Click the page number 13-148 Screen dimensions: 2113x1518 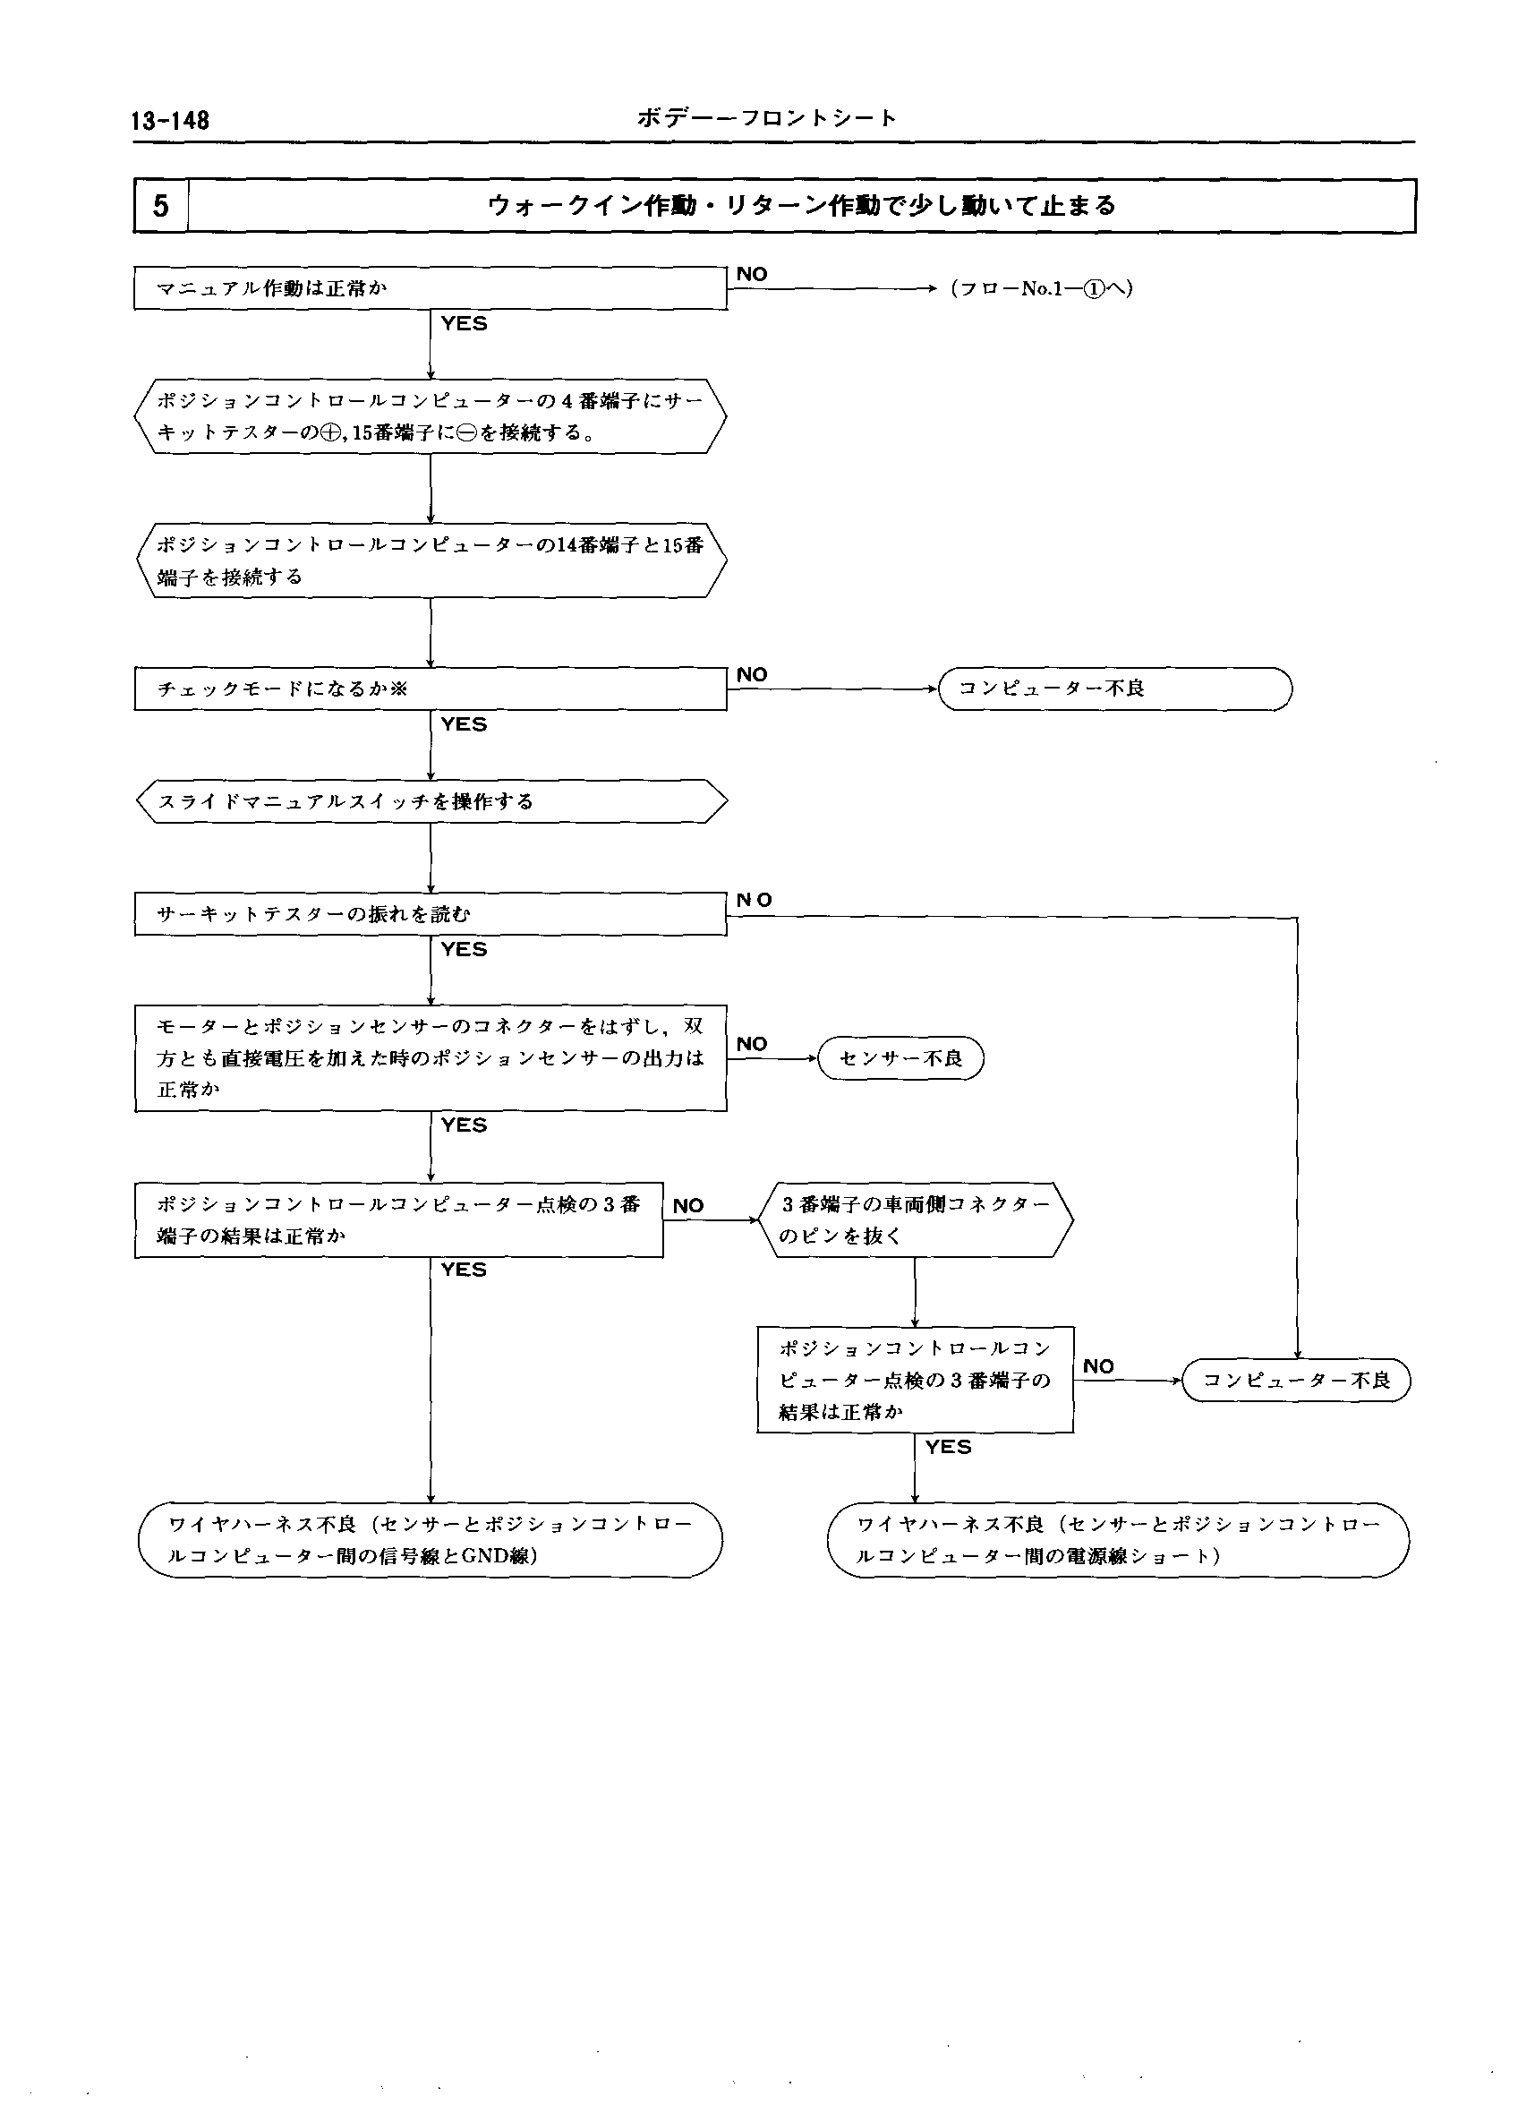point(170,120)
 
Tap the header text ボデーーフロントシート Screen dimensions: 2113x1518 point(766,117)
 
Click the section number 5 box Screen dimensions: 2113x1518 point(161,205)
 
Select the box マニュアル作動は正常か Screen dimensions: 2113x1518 point(430,289)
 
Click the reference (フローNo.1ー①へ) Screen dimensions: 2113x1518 point(1040,289)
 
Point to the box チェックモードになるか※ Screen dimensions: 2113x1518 point(430,689)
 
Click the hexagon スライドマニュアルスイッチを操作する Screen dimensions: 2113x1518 point(430,801)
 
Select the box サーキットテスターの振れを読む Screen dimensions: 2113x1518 point(430,914)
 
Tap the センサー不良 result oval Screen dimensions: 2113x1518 point(900,1058)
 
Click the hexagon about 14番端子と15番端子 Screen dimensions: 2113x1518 point(430,560)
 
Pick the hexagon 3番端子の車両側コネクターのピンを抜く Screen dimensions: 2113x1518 point(916,1219)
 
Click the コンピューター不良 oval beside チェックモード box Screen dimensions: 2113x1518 point(1114,689)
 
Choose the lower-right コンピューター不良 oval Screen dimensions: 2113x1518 point(1296,1380)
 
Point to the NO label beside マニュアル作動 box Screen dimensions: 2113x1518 point(752,274)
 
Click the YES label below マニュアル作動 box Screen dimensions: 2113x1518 point(464,323)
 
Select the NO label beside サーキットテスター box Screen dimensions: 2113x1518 point(754,900)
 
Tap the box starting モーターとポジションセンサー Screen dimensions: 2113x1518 point(430,1057)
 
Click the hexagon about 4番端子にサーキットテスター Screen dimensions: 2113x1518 point(430,416)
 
